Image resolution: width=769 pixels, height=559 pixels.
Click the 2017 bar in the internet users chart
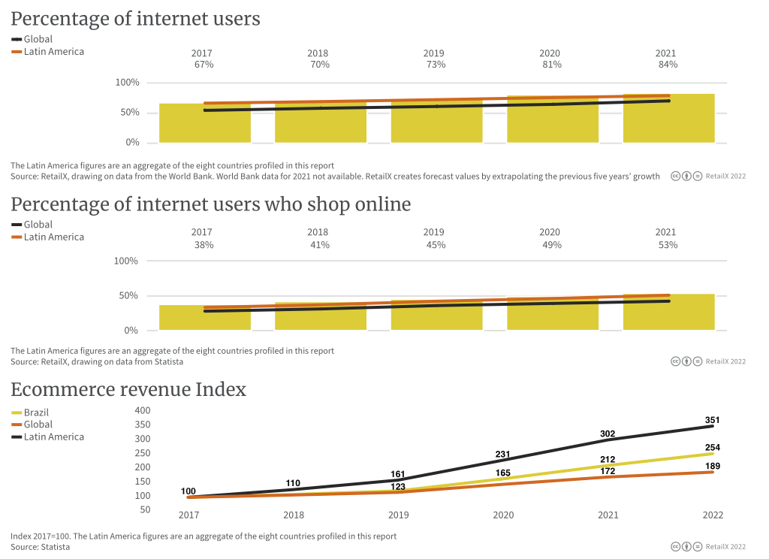[x=204, y=124]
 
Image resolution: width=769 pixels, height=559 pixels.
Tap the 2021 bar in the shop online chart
[x=668, y=313]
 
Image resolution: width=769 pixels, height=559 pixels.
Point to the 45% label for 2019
[x=436, y=245]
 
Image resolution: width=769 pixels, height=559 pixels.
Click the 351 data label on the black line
[x=713, y=420]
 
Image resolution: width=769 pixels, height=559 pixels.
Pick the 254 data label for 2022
[x=713, y=448]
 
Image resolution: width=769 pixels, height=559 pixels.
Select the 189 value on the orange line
[x=713, y=467]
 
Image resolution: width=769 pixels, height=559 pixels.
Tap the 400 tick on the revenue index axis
[x=143, y=410]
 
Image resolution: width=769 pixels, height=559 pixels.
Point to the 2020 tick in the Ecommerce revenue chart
[x=503, y=515]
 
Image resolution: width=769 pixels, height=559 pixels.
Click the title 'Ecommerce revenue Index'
[x=128, y=389]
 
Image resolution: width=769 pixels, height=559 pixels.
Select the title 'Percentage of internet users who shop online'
[x=211, y=204]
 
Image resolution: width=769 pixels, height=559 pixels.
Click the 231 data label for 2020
[x=503, y=455]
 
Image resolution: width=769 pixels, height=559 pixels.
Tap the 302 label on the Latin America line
[x=608, y=434]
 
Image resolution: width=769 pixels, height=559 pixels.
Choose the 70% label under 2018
[x=320, y=65]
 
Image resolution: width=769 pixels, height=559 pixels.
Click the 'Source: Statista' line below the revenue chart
[x=41, y=547]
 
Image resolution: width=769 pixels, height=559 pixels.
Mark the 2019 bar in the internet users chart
[x=436, y=122]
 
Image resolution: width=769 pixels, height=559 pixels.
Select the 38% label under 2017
[x=204, y=245]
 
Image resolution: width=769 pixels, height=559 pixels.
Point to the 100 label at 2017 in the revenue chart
[x=188, y=492]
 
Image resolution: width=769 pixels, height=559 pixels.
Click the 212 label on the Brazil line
[x=608, y=460]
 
